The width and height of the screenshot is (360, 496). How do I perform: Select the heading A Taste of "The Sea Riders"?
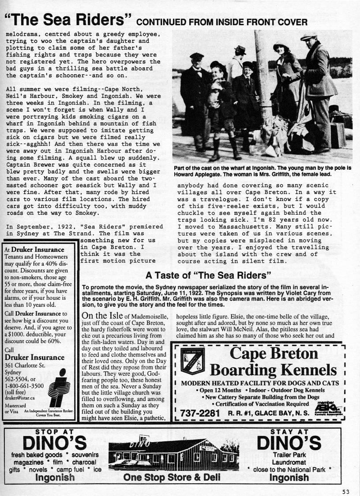[208, 276]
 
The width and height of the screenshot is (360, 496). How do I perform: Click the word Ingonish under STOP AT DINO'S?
[55, 477]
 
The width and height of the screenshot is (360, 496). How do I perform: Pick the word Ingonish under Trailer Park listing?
[289, 477]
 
